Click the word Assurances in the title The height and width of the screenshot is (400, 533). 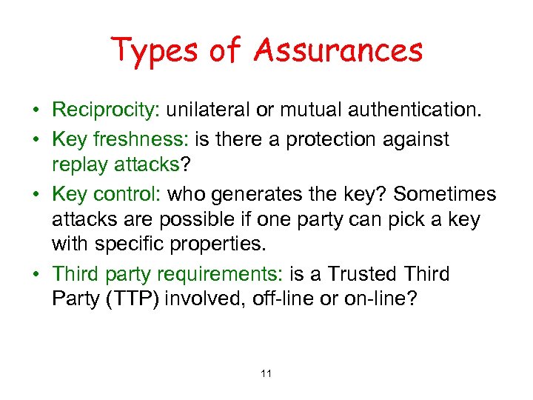coord(338,51)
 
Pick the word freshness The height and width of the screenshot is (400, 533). coord(145,139)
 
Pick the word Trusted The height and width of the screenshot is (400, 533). coord(362,274)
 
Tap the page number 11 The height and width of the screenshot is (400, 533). coord(266,373)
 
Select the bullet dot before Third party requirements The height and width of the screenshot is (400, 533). coord(36,275)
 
